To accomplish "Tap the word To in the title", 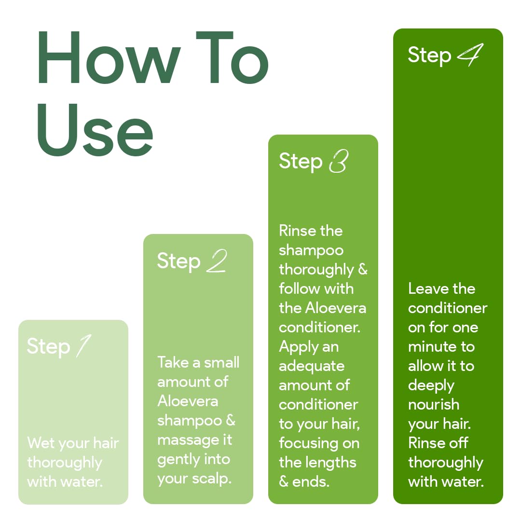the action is click(x=232, y=57).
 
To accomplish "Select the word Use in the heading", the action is click(x=96, y=130).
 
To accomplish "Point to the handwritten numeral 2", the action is click(x=217, y=261).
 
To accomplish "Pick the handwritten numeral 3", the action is click(x=339, y=161).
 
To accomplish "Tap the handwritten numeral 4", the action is click(x=470, y=55).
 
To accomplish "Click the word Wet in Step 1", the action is click(x=41, y=443).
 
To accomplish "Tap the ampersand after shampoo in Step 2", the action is click(x=231, y=420).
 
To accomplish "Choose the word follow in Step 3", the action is click(x=300, y=288).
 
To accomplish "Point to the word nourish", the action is click(x=434, y=405).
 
